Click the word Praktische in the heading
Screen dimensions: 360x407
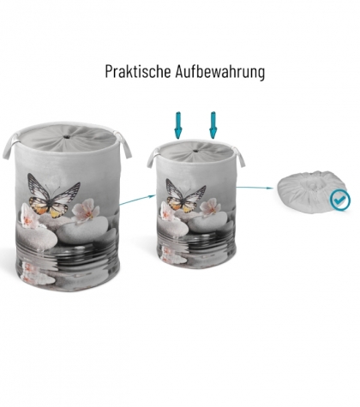[138, 72]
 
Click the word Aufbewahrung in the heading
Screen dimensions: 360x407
[220, 72]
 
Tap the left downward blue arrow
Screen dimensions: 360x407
[178, 125]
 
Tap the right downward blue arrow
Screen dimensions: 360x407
[213, 125]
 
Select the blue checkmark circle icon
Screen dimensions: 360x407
[339, 201]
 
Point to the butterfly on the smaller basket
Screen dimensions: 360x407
[186, 195]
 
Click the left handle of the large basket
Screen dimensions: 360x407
[9, 146]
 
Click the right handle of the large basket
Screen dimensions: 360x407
[123, 144]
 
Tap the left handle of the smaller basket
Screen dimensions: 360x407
[153, 158]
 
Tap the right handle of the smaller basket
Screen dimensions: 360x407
[239, 157]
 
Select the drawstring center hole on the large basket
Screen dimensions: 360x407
[67, 137]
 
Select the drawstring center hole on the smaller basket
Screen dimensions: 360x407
[195, 151]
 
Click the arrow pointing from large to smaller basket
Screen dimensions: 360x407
[137, 200]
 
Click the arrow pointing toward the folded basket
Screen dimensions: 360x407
[255, 188]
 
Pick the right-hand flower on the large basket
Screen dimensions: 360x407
[85, 210]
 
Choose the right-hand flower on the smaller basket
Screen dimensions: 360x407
[210, 207]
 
